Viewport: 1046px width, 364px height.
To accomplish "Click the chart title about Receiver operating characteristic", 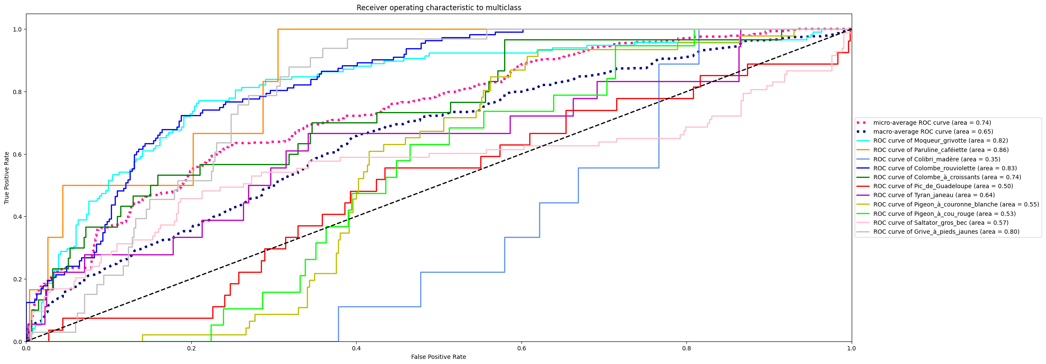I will tap(438, 8).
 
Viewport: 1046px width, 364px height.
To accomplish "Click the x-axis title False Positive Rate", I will tap(438, 357).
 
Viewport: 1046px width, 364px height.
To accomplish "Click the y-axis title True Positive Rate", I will tap(7, 178).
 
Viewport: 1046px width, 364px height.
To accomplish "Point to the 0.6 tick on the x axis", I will tap(522, 348).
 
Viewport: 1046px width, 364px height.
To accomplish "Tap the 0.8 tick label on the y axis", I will tap(17, 92).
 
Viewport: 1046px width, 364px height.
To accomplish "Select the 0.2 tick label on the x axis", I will tap(191, 348).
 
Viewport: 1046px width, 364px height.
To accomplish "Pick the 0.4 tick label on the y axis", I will tap(17, 217).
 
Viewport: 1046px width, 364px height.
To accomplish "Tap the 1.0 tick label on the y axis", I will tap(17, 29).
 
